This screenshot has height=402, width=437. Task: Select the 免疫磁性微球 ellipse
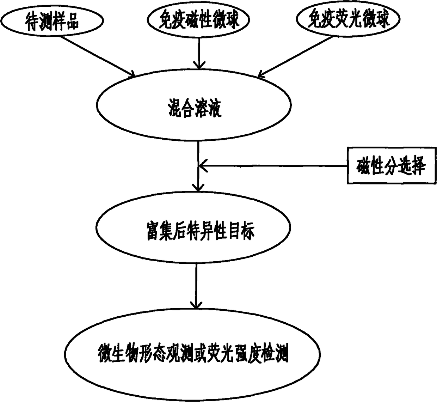(199, 19)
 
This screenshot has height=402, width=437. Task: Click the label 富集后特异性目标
(200, 231)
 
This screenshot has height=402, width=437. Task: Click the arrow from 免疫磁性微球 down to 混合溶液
(199, 53)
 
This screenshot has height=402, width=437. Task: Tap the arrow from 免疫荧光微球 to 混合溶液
(296, 56)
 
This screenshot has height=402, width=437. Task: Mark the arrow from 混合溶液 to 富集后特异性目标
(198, 166)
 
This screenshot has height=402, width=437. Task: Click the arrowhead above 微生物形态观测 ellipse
(196, 304)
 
